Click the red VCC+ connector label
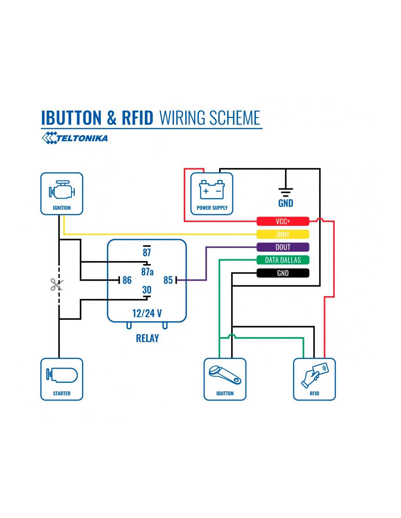coord(283,221)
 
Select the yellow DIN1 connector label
coord(283,234)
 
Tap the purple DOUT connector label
coord(283,247)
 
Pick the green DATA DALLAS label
coord(283,260)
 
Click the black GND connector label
coord(283,273)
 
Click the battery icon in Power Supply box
coord(212,189)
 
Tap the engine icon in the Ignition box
coord(62,190)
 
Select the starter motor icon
coord(62,375)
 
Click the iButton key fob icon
coord(225,375)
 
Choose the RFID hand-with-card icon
coord(315,375)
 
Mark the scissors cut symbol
coord(57,284)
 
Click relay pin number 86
coord(127,280)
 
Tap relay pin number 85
coord(168,280)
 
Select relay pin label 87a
coord(147,272)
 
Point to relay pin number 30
coord(147,290)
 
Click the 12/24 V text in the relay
coord(147,313)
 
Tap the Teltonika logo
coord(75,138)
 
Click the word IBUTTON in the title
coord(71,118)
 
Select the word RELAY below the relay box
coord(147,338)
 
